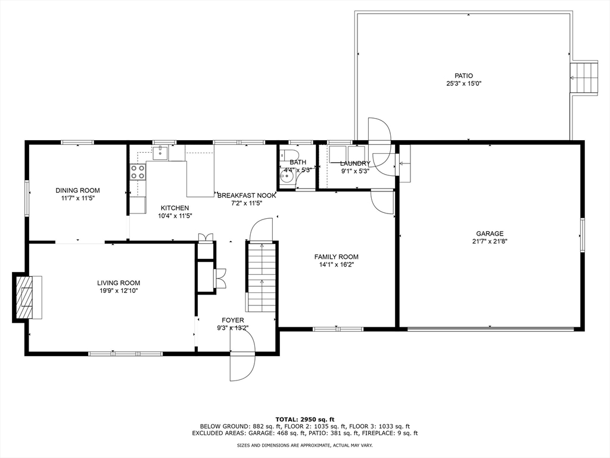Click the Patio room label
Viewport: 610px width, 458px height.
tap(463, 76)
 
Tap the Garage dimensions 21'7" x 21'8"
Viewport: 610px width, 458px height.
tap(490, 242)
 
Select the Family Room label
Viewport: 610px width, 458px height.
tap(336, 257)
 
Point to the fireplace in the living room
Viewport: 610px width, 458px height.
tap(25, 297)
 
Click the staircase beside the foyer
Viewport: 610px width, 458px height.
tap(262, 278)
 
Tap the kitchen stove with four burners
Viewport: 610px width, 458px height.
tap(138, 172)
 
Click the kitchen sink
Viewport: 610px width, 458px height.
tap(160, 154)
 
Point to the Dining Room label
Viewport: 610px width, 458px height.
tap(77, 190)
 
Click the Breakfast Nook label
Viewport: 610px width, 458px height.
tap(247, 196)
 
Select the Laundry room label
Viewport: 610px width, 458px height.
tap(355, 163)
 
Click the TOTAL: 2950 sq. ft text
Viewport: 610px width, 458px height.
tap(304, 419)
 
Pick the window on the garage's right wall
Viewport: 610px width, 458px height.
tap(582, 235)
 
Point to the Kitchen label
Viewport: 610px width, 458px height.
tap(174, 208)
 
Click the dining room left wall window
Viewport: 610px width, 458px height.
tap(26, 197)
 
